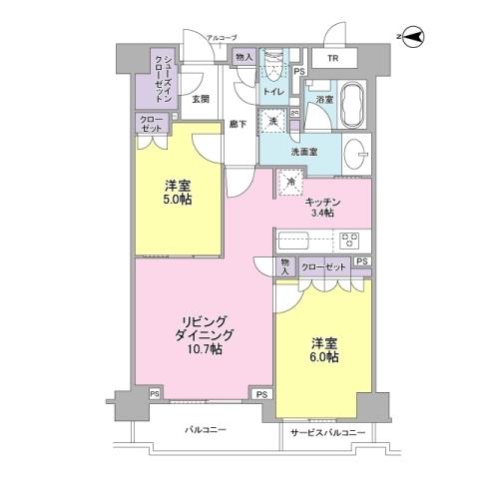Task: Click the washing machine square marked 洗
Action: click(273, 121)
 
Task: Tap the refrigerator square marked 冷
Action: click(291, 183)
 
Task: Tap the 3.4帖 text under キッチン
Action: click(322, 214)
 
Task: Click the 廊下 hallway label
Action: click(236, 124)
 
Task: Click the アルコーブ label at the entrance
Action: click(221, 38)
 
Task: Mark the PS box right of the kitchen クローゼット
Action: click(361, 262)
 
